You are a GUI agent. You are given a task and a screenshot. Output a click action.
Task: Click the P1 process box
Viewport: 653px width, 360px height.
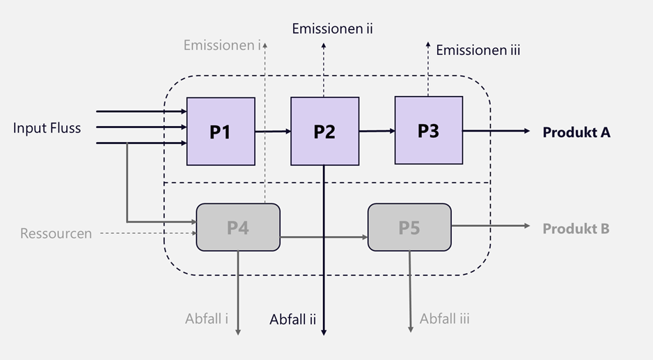pos(221,131)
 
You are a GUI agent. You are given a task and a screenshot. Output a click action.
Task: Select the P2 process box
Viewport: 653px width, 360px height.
pos(324,131)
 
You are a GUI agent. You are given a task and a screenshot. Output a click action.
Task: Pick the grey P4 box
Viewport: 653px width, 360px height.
pos(238,227)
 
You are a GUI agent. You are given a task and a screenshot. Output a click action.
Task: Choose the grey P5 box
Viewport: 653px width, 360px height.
pos(409,227)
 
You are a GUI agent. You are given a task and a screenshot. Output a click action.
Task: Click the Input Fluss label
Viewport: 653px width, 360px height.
pos(47,128)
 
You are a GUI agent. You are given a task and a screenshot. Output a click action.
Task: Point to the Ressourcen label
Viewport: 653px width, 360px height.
pos(56,233)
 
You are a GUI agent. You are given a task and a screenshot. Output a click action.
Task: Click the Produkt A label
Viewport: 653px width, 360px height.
pos(576,132)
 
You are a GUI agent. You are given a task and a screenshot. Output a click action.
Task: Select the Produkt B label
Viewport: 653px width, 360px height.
pos(576,228)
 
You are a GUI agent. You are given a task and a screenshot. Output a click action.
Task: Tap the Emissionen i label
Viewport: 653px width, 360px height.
pos(222,45)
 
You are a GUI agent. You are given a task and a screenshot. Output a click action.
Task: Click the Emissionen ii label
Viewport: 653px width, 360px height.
pos(333,29)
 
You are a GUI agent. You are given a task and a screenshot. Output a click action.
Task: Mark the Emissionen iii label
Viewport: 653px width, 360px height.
pos(478,49)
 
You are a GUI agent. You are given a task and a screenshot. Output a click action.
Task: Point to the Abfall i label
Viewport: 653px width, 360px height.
pos(207,319)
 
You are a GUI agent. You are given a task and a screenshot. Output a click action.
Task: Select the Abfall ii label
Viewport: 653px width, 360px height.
pos(293,320)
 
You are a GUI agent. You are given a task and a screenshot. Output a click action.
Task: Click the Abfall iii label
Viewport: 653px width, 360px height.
pos(445,319)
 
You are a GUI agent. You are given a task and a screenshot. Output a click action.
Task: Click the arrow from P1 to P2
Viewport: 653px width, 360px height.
pos(273,131)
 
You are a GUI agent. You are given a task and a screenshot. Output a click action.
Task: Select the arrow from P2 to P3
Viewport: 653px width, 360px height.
pos(377,130)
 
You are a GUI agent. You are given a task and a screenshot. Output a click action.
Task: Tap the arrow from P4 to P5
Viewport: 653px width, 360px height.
pos(324,237)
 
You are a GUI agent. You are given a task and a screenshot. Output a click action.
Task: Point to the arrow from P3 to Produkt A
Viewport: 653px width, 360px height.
pos(497,131)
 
